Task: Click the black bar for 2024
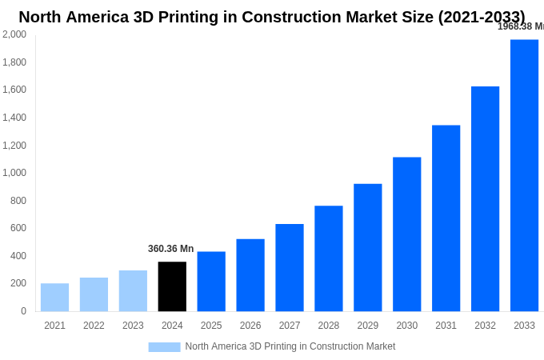click(172, 286)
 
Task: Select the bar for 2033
click(524, 175)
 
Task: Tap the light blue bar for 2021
click(54, 297)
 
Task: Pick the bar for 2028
click(328, 258)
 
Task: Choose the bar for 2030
click(406, 234)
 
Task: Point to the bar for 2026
click(250, 275)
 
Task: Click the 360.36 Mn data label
click(170, 249)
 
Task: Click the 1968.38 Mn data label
click(520, 26)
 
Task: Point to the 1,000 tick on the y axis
click(14, 173)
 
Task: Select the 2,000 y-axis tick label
click(14, 34)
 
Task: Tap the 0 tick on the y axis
click(23, 311)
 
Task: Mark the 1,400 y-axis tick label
click(14, 118)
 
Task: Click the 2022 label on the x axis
click(94, 326)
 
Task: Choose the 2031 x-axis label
click(446, 326)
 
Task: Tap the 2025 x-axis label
click(211, 326)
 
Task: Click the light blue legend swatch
click(164, 347)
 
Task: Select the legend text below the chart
click(290, 346)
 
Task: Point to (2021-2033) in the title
click(482, 17)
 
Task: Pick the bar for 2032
click(485, 198)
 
